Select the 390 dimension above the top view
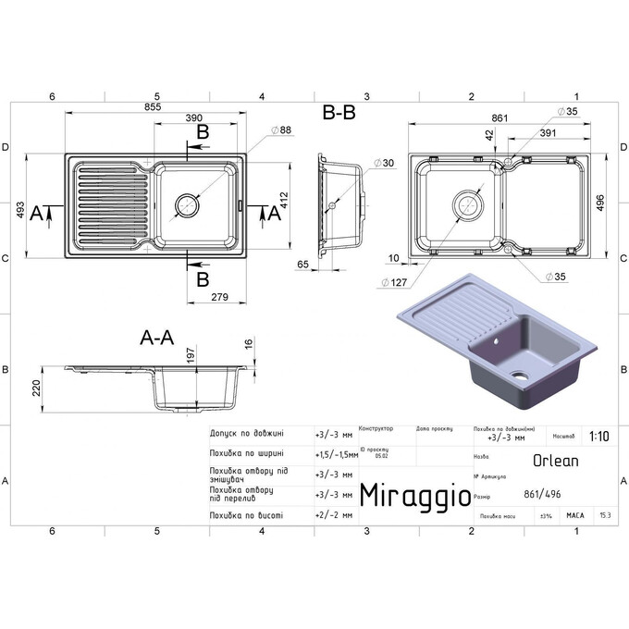(195, 119)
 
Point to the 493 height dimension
(19, 213)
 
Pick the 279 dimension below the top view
(219, 296)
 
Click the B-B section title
(339, 113)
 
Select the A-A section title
(156, 339)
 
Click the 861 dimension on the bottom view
(500, 118)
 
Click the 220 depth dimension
(38, 388)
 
